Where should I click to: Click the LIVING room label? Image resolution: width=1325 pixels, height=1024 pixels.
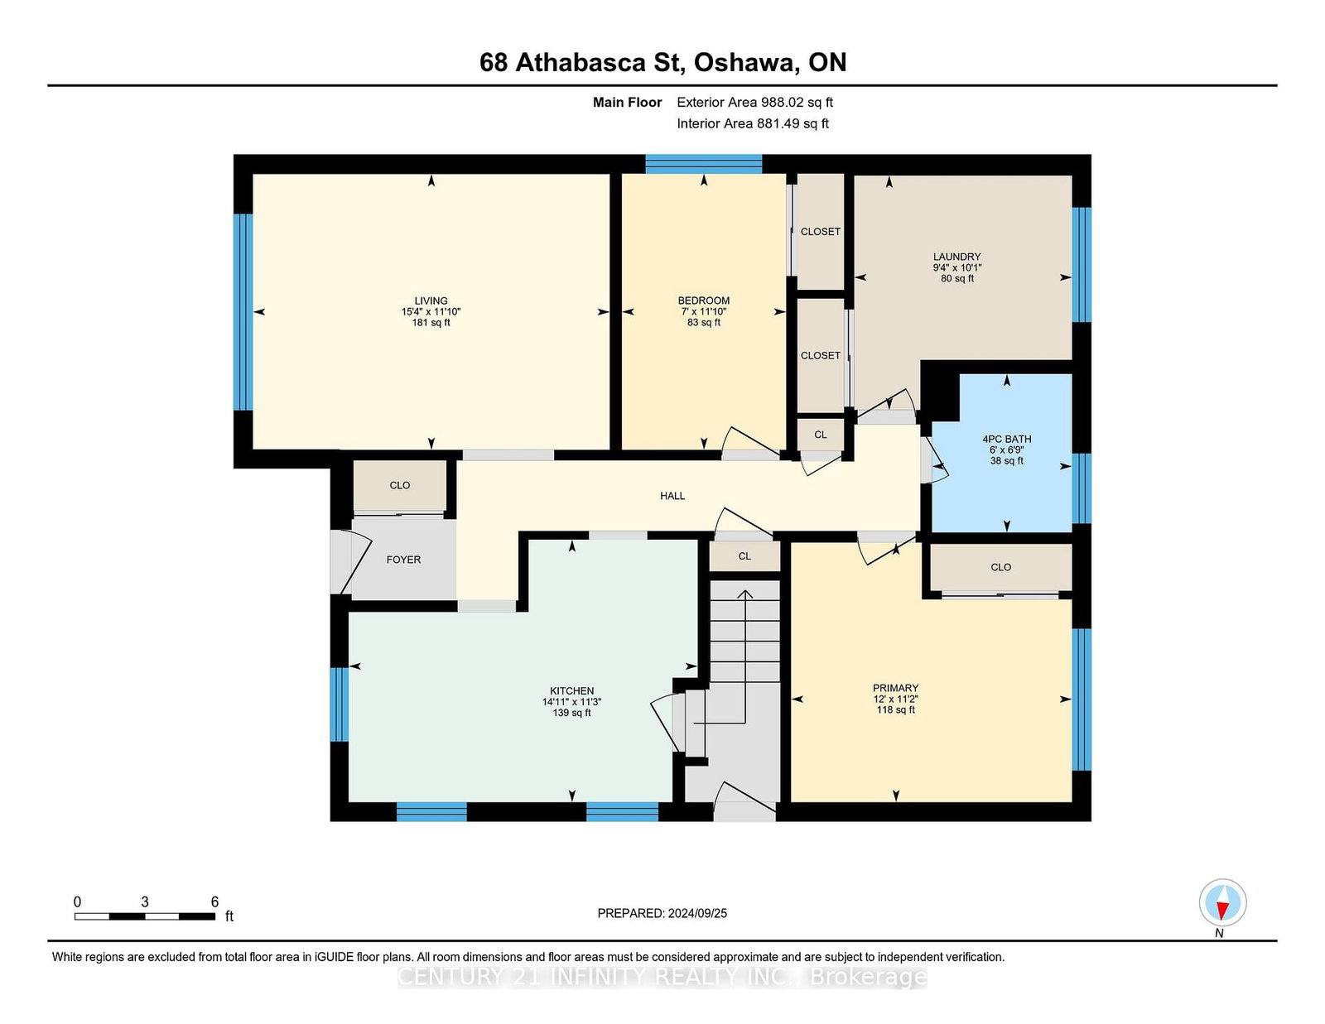431,300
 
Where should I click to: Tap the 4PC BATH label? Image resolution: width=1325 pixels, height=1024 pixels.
1006,439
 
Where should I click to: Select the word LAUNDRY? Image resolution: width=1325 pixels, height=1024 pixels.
956,257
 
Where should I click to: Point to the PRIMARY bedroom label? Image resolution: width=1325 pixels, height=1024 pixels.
895,688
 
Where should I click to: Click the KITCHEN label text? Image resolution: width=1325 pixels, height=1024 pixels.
571,690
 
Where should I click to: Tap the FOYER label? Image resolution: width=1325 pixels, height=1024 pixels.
403,560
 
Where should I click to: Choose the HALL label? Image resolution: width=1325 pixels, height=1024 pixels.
672,496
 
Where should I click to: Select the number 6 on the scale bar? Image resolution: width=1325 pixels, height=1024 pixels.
214,902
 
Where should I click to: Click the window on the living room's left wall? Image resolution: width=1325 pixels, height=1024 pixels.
243,311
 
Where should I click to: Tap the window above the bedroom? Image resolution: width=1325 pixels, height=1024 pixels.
703,164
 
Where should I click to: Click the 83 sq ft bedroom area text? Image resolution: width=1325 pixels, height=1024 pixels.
703,323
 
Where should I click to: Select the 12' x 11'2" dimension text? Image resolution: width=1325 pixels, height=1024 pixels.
895,699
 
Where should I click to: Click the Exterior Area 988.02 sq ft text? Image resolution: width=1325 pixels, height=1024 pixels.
754,103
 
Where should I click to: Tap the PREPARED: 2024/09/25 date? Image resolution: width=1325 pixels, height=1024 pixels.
662,913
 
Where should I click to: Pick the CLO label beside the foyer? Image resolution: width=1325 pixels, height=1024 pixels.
399,485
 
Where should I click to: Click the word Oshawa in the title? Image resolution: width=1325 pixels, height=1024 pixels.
746,63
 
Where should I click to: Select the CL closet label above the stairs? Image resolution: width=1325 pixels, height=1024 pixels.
744,556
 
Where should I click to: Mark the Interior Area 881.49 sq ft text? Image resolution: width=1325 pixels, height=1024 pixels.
753,123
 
